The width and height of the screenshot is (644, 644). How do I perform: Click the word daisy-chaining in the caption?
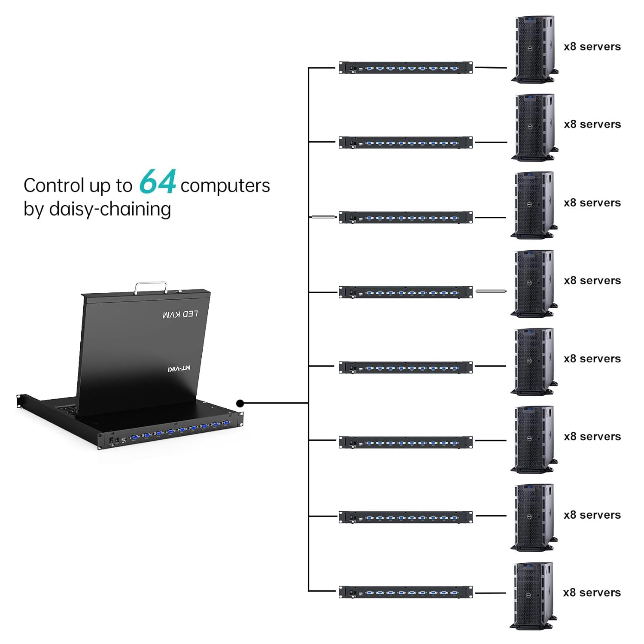pyautogui.click(x=110, y=209)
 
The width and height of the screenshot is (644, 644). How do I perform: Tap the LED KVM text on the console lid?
pyautogui.click(x=181, y=314)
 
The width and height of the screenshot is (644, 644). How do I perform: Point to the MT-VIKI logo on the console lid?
pyautogui.click(x=179, y=368)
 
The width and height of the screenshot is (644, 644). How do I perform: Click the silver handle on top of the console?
pyautogui.click(x=151, y=286)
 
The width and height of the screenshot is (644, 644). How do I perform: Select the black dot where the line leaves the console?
pyautogui.click(x=240, y=403)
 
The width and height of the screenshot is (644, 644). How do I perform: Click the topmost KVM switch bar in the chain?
pyautogui.click(x=405, y=68)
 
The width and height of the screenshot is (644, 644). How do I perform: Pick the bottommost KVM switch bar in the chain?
pyautogui.click(x=405, y=592)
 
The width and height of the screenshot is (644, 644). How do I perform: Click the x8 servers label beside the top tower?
pyautogui.click(x=592, y=47)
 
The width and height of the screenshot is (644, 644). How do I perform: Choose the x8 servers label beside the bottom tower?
pyautogui.click(x=592, y=593)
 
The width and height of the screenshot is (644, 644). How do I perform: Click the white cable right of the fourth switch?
pyautogui.click(x=491, y=291)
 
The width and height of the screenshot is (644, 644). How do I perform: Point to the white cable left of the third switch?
pyautogui.click(x=324, y=217)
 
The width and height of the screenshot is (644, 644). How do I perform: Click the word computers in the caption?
pyautogui.click(x=225, y=186)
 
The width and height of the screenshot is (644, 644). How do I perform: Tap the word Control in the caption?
pyautogui.click(x=54, y=186)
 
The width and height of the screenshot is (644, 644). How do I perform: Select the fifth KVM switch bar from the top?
pyautogui.click(x=405, y=368)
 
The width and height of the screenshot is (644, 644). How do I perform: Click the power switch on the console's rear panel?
pyautogui.click(x=112, y=440)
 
